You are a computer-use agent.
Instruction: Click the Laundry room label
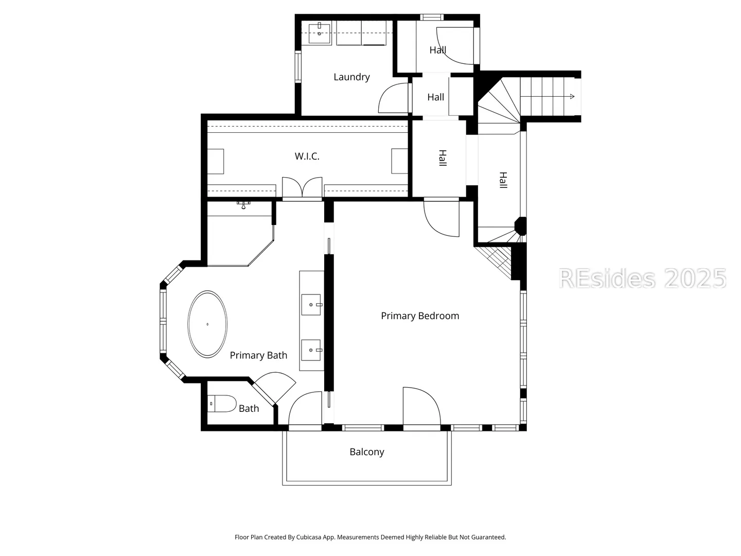point(351,77)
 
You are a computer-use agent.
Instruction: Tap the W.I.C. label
point(307,156)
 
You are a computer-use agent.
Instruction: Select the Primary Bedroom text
point(420,316)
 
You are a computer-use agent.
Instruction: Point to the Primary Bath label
point(258,355)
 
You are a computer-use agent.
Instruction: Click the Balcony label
point(366,452)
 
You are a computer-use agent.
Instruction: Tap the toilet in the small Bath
point(221,404)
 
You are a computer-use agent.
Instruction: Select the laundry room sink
point(320,33)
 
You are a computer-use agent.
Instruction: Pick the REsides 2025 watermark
point(642,279)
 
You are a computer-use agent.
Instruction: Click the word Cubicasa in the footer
point(309,537)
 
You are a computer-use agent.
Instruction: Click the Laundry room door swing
point(393,98)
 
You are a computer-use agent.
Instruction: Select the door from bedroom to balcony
point(421,409)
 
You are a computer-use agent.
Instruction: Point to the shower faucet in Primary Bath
point(243,205)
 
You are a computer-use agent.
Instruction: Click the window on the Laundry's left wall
point(298,66)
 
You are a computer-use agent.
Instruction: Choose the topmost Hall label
point(438,50)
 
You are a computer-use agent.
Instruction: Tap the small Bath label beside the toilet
point(249,408)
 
